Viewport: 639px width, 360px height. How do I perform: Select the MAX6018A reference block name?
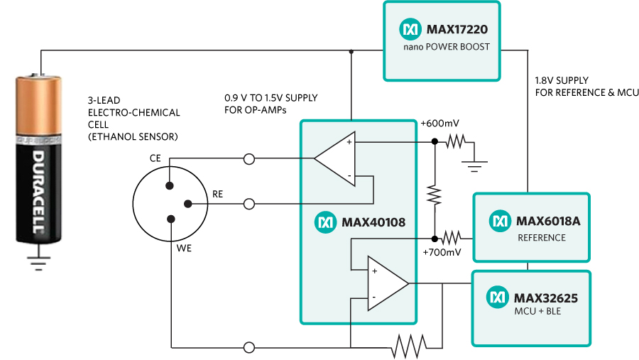(548, 221)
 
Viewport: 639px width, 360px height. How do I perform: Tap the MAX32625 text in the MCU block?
(547, 298)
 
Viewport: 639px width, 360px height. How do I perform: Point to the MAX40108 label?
(373, 222)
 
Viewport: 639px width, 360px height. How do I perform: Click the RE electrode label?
(218, 193)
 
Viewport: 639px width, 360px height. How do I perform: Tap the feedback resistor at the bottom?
(409, 347)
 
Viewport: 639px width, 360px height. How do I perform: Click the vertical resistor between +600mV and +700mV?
(434, 192)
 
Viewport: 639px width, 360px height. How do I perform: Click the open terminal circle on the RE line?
(249, 204)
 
